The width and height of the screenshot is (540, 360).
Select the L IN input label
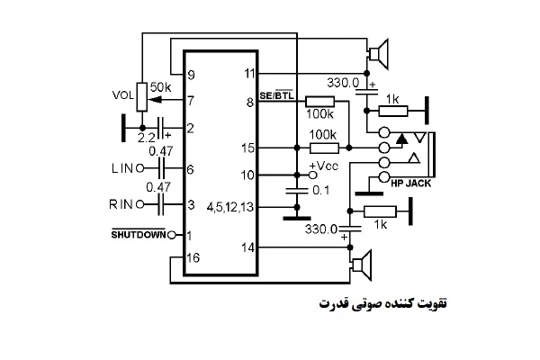tap(121, 168)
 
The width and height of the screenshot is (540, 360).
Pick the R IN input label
tap(121, 205)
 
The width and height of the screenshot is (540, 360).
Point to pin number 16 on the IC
tap(192, 257)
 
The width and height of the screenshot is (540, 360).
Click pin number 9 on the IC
tap(191, 74)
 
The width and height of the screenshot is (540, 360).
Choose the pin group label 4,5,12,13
tap(230, 206)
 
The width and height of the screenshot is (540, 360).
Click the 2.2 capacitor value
tap(147, 138)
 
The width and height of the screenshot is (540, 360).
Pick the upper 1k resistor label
tap(391, 98)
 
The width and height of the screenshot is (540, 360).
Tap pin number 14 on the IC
tap(250, 246)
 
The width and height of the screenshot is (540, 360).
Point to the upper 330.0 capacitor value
tap(343, 82)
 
